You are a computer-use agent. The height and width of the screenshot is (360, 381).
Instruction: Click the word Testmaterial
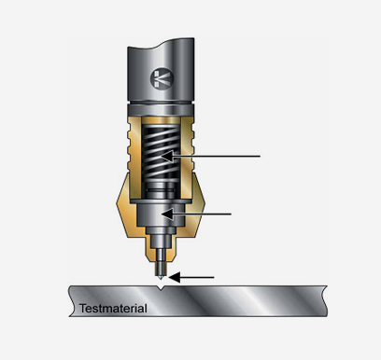pos(113,309)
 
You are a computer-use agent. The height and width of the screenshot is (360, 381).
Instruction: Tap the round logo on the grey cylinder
pos(162,78)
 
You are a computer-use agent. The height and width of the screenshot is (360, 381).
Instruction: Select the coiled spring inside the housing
pos(161,152)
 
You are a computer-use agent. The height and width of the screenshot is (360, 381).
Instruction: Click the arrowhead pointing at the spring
pos(167,156)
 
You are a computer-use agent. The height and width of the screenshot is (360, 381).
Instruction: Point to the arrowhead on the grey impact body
pos(167,215)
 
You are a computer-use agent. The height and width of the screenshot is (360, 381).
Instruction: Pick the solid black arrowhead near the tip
pos(175,277)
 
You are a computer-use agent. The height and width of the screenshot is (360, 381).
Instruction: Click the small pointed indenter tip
pos(161,277)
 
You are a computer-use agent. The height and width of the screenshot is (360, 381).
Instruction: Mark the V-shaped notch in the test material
pos(161,288)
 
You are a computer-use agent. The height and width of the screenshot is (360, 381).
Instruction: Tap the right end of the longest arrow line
pos(261,156)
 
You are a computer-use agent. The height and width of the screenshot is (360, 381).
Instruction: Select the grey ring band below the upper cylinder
pos(161,109)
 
